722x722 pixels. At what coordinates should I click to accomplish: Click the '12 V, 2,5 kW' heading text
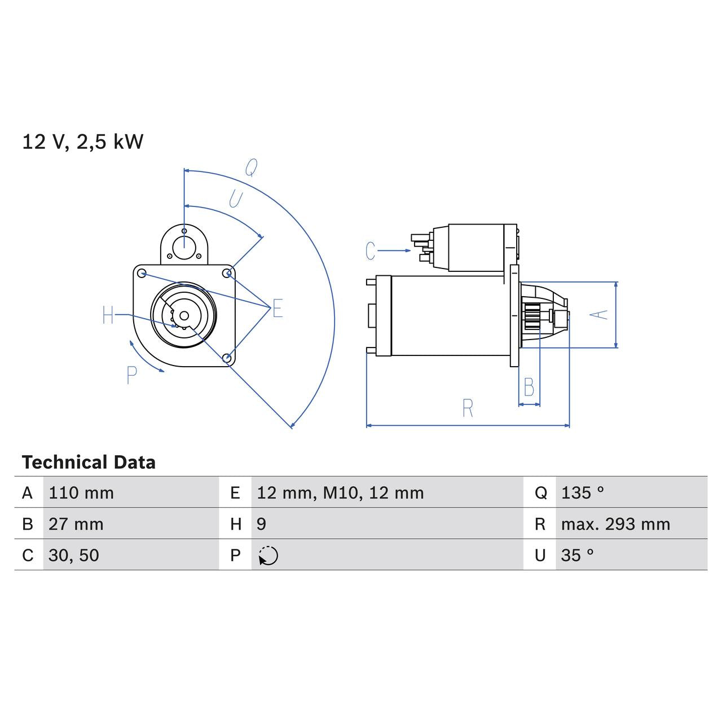click(83, 142)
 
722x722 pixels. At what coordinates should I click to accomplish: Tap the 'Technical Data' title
click(89, 463)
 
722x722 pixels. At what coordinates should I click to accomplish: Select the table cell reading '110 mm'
click(81, 493)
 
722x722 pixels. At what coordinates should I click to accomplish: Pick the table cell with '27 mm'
click(76, 524)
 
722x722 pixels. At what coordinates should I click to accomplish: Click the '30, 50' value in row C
click(74, 555)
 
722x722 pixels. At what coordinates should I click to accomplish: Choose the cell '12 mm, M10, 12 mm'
click(340, 493)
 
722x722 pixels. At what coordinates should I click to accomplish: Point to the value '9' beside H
click(261, 524)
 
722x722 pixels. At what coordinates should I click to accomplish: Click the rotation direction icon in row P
click(268, 556)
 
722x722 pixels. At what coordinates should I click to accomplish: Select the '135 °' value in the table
click(583, 493)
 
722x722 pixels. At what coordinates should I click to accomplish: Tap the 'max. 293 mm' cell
click(615, 524)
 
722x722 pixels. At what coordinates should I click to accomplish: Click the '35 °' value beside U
click(578, 555)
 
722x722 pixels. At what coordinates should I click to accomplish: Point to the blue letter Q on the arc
click(251, 168)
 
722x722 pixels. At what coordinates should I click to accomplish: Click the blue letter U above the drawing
click(235, 199)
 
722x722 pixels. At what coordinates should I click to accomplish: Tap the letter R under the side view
click(468, 408)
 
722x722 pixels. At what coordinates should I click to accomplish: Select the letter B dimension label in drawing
click(529, 388)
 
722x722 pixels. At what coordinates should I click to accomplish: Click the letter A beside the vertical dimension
click(602, 314)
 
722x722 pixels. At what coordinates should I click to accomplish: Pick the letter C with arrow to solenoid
click(371, 251)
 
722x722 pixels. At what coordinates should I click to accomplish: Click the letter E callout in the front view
click(278, 309)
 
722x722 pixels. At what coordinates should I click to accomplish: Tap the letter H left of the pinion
click(108, 315)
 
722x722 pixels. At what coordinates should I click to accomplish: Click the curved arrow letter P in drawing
click(132, 375)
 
